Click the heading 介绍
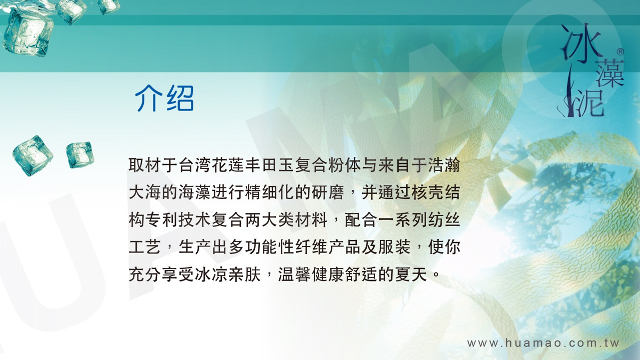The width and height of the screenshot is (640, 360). [164, 98]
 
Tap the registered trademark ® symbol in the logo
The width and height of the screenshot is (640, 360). [621, 52]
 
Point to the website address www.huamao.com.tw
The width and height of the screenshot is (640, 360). [543, 343]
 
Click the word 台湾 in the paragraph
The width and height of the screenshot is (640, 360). [195, 165]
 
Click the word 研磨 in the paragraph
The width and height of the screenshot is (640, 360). [328, 192]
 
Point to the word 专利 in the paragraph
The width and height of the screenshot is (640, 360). [162, 219]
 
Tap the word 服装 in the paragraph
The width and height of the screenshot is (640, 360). [394, 247]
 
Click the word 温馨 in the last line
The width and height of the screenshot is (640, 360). [294, 274]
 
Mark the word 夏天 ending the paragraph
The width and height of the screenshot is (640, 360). [411, 274]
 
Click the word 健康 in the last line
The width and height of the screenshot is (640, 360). [328, 274]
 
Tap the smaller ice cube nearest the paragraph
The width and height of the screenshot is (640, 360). [80, 154]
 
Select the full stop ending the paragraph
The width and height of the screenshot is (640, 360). [436, 276]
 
